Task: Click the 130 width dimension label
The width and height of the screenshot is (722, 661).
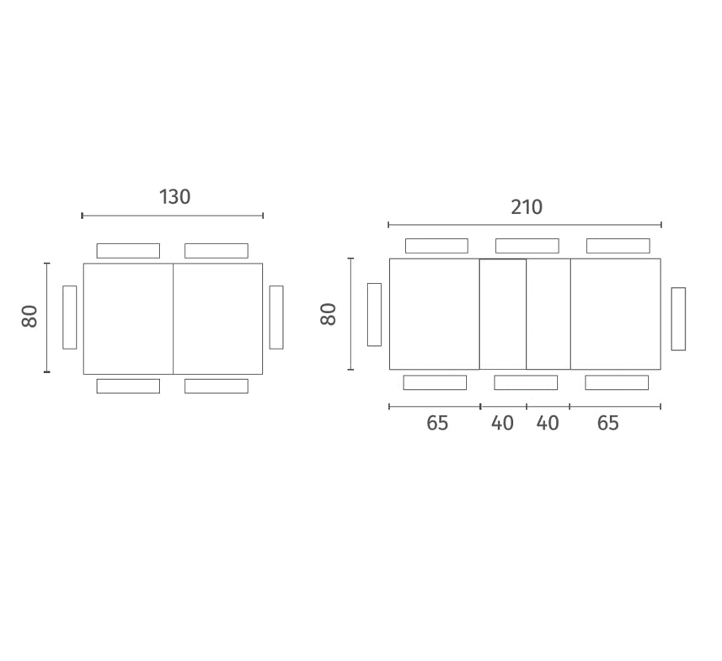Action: coord(174,197)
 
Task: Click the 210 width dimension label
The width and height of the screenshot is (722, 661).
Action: coord(527,207)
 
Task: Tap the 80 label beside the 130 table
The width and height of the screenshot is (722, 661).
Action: coord(29,317)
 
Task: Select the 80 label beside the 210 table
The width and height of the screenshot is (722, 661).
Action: coord(328,314)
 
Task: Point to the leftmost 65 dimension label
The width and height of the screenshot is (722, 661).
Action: coord(437,423)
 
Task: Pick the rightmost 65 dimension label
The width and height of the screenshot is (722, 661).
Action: coord(607,423)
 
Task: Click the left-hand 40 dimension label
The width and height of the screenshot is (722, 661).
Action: coord(502,423)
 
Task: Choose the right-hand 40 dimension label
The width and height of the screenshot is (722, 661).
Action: coord(548,423)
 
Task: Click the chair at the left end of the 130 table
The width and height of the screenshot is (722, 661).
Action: coord(70,317)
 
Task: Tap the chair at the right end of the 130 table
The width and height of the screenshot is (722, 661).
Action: coord(276,317)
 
